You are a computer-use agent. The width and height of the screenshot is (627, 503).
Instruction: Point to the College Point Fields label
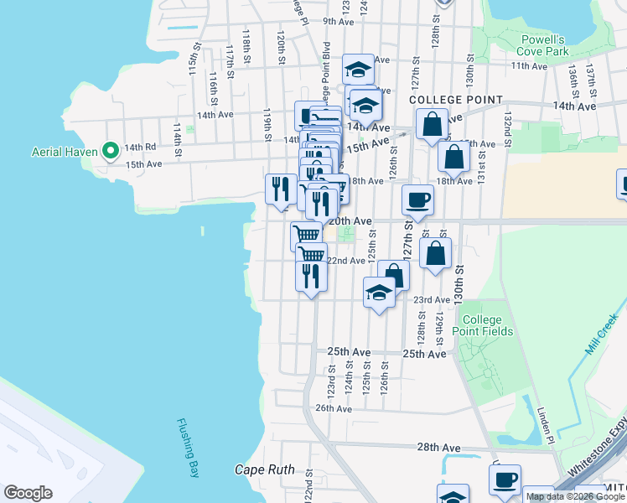482,325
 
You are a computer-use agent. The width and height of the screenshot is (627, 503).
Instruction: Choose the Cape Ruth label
264,469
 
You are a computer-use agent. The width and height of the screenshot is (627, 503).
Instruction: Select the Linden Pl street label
543,427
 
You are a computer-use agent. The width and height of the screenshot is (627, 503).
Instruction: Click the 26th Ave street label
333,408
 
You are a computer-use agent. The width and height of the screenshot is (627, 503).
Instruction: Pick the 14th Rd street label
140,148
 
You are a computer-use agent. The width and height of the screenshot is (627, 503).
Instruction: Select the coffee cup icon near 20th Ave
417,200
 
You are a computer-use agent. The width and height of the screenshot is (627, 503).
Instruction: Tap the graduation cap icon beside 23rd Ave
379,293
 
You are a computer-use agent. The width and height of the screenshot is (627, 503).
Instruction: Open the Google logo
28,493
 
